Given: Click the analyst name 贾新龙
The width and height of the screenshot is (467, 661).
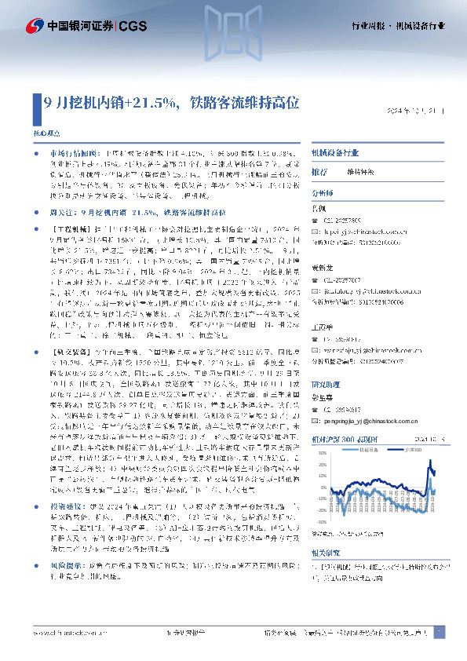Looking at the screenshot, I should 321,268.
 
